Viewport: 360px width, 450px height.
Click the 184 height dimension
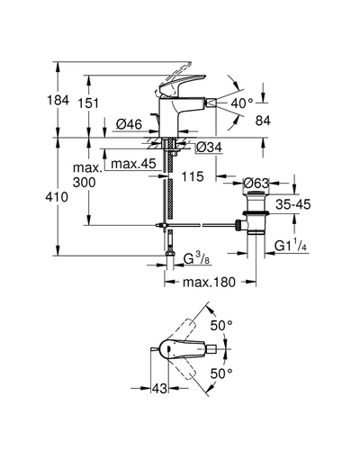58,100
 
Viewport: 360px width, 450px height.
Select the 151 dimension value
88,103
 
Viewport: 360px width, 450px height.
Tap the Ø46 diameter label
129,124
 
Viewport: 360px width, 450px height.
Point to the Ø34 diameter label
210,147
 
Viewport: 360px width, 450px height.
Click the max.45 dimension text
133,164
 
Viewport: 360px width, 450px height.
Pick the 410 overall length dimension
57,197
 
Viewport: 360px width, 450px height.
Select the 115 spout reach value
193,176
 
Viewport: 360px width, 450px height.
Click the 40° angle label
242,103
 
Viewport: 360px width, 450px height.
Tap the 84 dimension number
263,121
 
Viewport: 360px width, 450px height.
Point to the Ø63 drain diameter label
256,183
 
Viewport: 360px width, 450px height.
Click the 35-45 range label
293,204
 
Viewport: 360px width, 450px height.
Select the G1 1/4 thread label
291,246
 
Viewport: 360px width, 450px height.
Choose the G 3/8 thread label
196,258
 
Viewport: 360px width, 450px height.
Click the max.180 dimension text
209,282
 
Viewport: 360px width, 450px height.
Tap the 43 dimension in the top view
159,389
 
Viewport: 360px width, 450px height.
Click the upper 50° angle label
221,326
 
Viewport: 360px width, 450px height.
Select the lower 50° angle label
221,373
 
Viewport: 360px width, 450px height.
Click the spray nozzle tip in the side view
211,103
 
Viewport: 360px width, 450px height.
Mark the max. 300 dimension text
85,175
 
